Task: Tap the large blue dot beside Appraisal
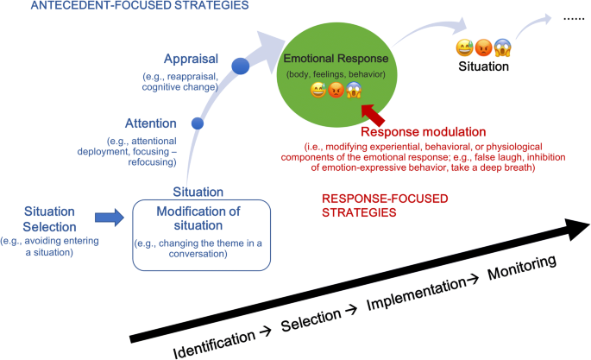[241, 66]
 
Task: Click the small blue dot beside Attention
[198, 124]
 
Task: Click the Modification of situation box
[200, 231]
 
